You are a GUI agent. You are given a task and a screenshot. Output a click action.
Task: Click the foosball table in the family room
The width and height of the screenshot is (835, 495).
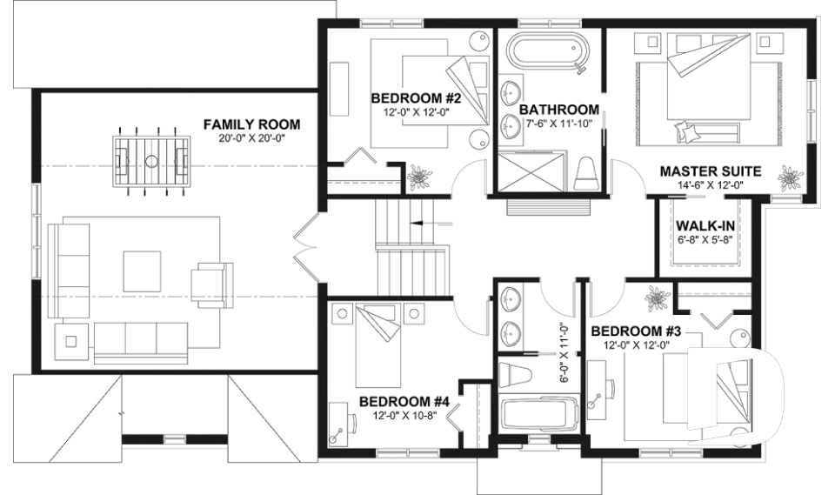151,161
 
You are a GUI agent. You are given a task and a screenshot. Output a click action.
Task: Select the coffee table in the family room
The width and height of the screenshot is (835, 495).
142,271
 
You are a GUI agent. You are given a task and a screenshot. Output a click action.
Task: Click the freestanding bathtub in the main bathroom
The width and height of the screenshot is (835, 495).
546,51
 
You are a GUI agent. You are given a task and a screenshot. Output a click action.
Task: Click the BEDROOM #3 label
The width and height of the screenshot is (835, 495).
635,331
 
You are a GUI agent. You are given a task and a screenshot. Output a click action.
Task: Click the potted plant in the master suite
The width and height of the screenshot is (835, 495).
790,178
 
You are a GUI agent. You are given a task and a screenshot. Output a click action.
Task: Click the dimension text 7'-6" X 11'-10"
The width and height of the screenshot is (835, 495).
558,123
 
